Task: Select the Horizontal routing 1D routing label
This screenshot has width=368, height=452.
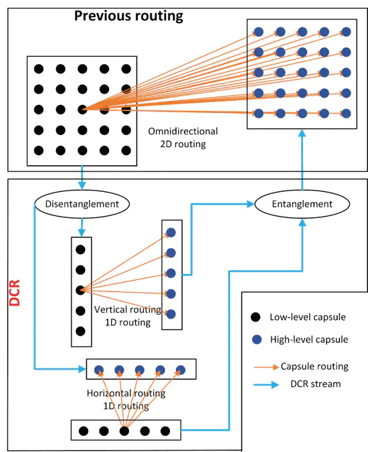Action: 126,399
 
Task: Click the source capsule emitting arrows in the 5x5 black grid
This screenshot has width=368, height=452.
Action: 81,109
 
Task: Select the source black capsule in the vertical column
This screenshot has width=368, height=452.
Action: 80,290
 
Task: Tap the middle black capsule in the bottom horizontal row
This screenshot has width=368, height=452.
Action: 124,430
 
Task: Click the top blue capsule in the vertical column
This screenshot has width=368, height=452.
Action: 171,232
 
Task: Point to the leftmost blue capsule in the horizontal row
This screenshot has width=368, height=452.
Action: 98,369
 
